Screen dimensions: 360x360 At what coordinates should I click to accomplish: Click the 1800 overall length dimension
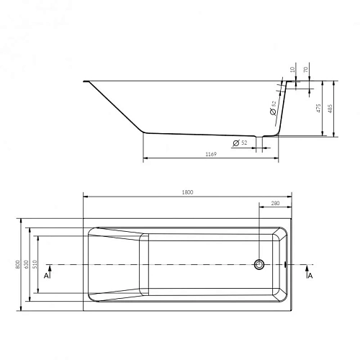click(188, 192)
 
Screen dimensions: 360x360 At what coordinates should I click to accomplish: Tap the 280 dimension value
click(275, 204)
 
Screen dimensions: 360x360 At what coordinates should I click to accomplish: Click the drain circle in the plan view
click(260, 264)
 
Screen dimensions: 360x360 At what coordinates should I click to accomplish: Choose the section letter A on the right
click(310, 275)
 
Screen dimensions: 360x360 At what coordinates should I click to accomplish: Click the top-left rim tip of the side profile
click(85, 81)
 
